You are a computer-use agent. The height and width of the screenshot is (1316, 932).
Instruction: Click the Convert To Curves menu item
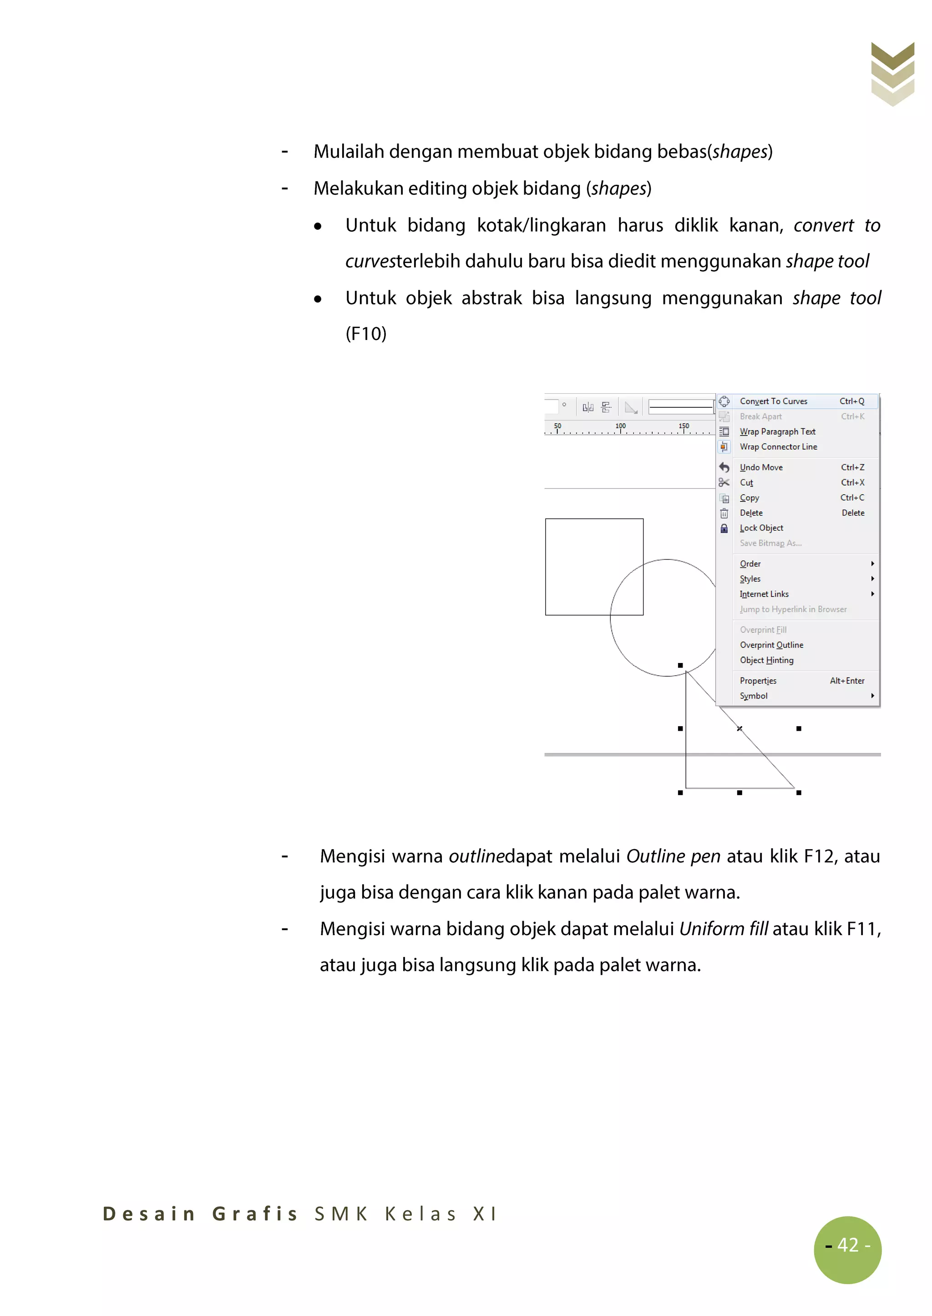tap(773, 401)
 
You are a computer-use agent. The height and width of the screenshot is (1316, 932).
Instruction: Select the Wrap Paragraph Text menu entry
tap(777, 431)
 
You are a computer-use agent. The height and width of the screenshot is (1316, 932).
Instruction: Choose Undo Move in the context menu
tap(761, 467)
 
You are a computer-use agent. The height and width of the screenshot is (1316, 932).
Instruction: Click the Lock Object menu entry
tap(761, 528)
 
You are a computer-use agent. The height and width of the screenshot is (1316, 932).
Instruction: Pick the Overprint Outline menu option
tap(771, 645)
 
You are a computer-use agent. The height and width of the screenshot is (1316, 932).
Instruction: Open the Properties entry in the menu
tap(758, 681)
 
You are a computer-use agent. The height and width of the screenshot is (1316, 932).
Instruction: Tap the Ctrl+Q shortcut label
tap(851, 401)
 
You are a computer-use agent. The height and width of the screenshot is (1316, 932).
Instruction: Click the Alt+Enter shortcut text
tap(846, 681)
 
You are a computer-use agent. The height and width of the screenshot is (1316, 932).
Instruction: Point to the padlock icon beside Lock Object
tap(724, 528)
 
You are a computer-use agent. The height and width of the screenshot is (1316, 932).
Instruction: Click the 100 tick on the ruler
tap(620, 426)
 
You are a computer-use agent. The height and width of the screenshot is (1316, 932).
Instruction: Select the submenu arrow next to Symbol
tap(872, 696)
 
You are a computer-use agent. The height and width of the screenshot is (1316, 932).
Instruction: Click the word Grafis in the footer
tap(255, 1213)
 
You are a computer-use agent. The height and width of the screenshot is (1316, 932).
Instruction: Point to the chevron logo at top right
tap(892, 73)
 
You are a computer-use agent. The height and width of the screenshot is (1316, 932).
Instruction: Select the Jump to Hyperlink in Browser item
tap(793, 609)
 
